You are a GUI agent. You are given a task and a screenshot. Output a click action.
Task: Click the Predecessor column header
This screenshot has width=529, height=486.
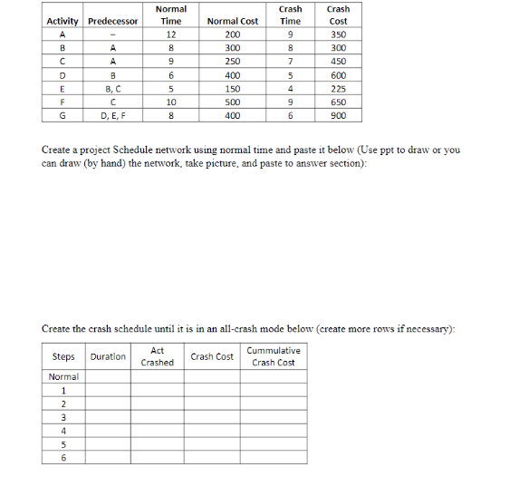click(x=113, y=21)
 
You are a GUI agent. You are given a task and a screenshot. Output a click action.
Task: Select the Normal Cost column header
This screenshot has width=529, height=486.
click(x=233, y=21)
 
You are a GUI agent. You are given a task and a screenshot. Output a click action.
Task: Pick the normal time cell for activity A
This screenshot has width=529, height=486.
click(x=170, y=34)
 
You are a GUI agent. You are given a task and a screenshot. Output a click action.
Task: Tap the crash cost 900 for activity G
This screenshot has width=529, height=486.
click(x=338, y=116)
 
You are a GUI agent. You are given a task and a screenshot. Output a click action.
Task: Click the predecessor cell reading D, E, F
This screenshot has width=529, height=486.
click(x=113, y=116)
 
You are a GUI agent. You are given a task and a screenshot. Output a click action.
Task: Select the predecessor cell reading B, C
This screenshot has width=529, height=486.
click(x=113, y=89)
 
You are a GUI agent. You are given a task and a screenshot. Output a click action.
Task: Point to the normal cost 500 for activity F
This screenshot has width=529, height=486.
click(x=233, y=102)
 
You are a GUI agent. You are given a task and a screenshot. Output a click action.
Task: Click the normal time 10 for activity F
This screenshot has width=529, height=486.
click(x=170, y=102)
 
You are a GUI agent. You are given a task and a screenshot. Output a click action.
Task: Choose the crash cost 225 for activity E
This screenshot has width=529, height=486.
click(x=338, y=89)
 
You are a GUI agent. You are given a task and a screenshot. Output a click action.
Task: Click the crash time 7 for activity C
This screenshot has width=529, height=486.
click(x=290, y=62)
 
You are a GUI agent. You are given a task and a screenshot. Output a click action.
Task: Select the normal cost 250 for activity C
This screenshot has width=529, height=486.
click(x=233, y=62)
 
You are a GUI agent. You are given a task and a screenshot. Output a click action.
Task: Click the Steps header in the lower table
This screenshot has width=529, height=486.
click(x=63, y=356)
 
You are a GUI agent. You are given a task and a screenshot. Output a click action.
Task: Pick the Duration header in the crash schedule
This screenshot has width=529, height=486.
click(x=108, y=356)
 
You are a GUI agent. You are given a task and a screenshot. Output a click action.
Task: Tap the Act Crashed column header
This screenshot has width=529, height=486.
click(x=158, y=356)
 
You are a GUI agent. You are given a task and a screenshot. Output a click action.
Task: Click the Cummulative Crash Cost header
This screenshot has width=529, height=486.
click(x=274, y=356)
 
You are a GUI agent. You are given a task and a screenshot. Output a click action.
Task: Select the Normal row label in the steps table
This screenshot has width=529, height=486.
click(x=63, y=376)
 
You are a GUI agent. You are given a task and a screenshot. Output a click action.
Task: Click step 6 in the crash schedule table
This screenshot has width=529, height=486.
click(x=63, y=458)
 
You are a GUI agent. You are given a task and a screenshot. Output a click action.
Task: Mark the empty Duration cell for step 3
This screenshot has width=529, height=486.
click(x=108, y=417)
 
